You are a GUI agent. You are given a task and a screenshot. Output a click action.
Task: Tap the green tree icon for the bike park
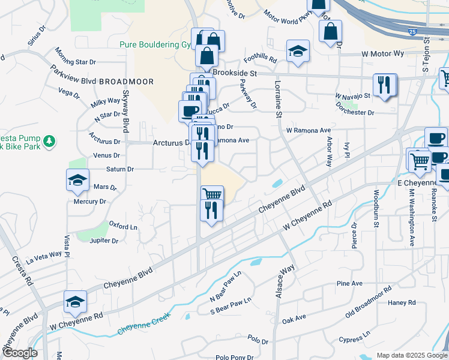coord(50,142)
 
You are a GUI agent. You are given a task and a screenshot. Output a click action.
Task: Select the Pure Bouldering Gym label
coord(155,45)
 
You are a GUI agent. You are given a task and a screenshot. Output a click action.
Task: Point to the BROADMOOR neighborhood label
coord(126,82)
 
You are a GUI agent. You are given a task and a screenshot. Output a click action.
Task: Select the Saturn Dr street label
coord(120,170)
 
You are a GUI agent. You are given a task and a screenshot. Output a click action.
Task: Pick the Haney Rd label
coord(402,303)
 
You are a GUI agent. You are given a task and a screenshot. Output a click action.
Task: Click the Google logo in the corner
coord(20,353)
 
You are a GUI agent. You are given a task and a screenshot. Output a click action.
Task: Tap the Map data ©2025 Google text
coord(411,355)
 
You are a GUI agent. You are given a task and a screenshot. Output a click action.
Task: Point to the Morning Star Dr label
coord(76,62)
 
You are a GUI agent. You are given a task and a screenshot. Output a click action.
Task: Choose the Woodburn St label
coord(376,209)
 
